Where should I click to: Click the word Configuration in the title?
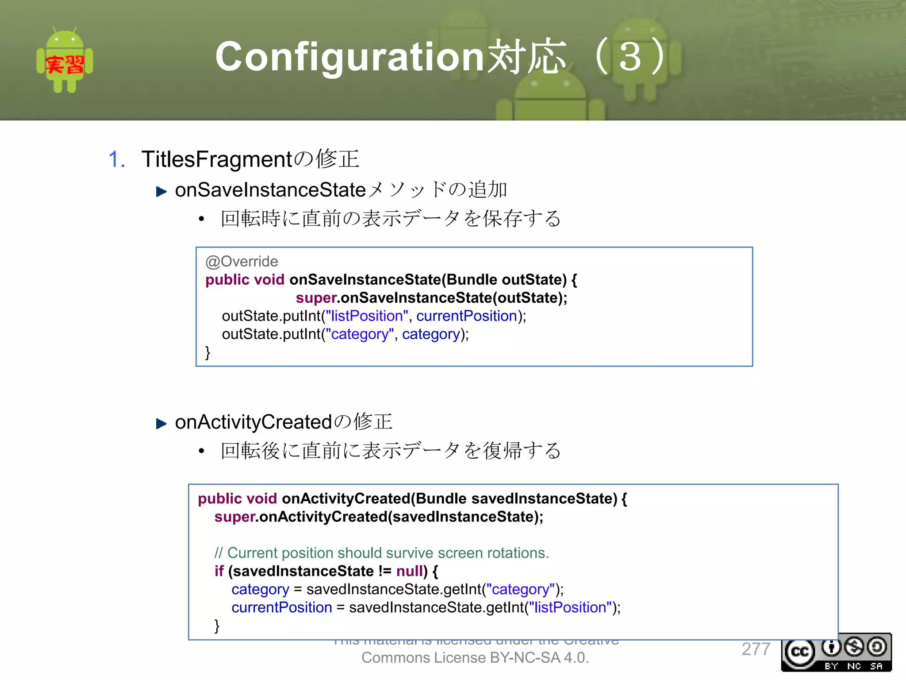click(x=349, y=57)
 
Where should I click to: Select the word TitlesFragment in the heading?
click(x=217, y=159)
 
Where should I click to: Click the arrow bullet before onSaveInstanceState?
click(x=161, y=192)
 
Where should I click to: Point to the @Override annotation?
click(x=242, y=262)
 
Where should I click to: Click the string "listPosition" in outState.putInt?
click(x=367, y=316)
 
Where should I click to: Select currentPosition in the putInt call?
click(x=467, y=316)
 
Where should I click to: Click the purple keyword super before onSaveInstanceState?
click(x=316, y=298)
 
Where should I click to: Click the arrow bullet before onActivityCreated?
click(x=161, y=424)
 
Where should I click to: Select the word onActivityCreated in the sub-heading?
click(x=253, y=422)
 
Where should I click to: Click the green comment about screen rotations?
click(x=381, y=553)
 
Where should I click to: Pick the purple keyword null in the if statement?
click(x=410, y=571)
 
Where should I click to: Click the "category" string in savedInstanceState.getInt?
click(x=520, y=589)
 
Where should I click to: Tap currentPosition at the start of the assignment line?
click(x=281, y=607)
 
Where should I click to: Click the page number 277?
click(x=756, y=649)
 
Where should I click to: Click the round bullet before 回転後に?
click(x=202, y=451)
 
